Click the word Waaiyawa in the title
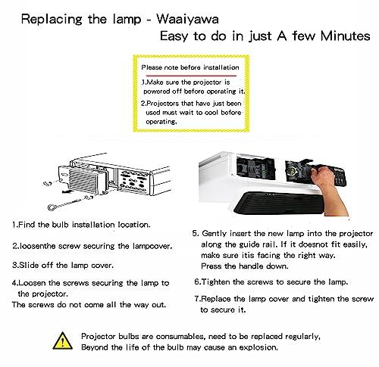tap(187, 19)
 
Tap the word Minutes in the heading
tap(345, 36)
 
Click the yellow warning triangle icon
tap(63, 341)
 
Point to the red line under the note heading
tap(191, 76)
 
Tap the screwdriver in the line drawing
tap(68, 203)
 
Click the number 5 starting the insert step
tap(195, 233)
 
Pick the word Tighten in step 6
tap(215, 281)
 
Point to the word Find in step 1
tap(27, 225)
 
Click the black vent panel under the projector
tap(278, 203)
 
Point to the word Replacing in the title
tap(52, 20)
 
